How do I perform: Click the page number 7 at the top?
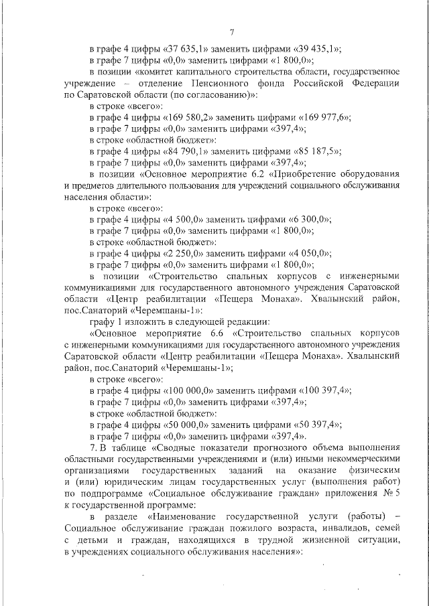231,31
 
